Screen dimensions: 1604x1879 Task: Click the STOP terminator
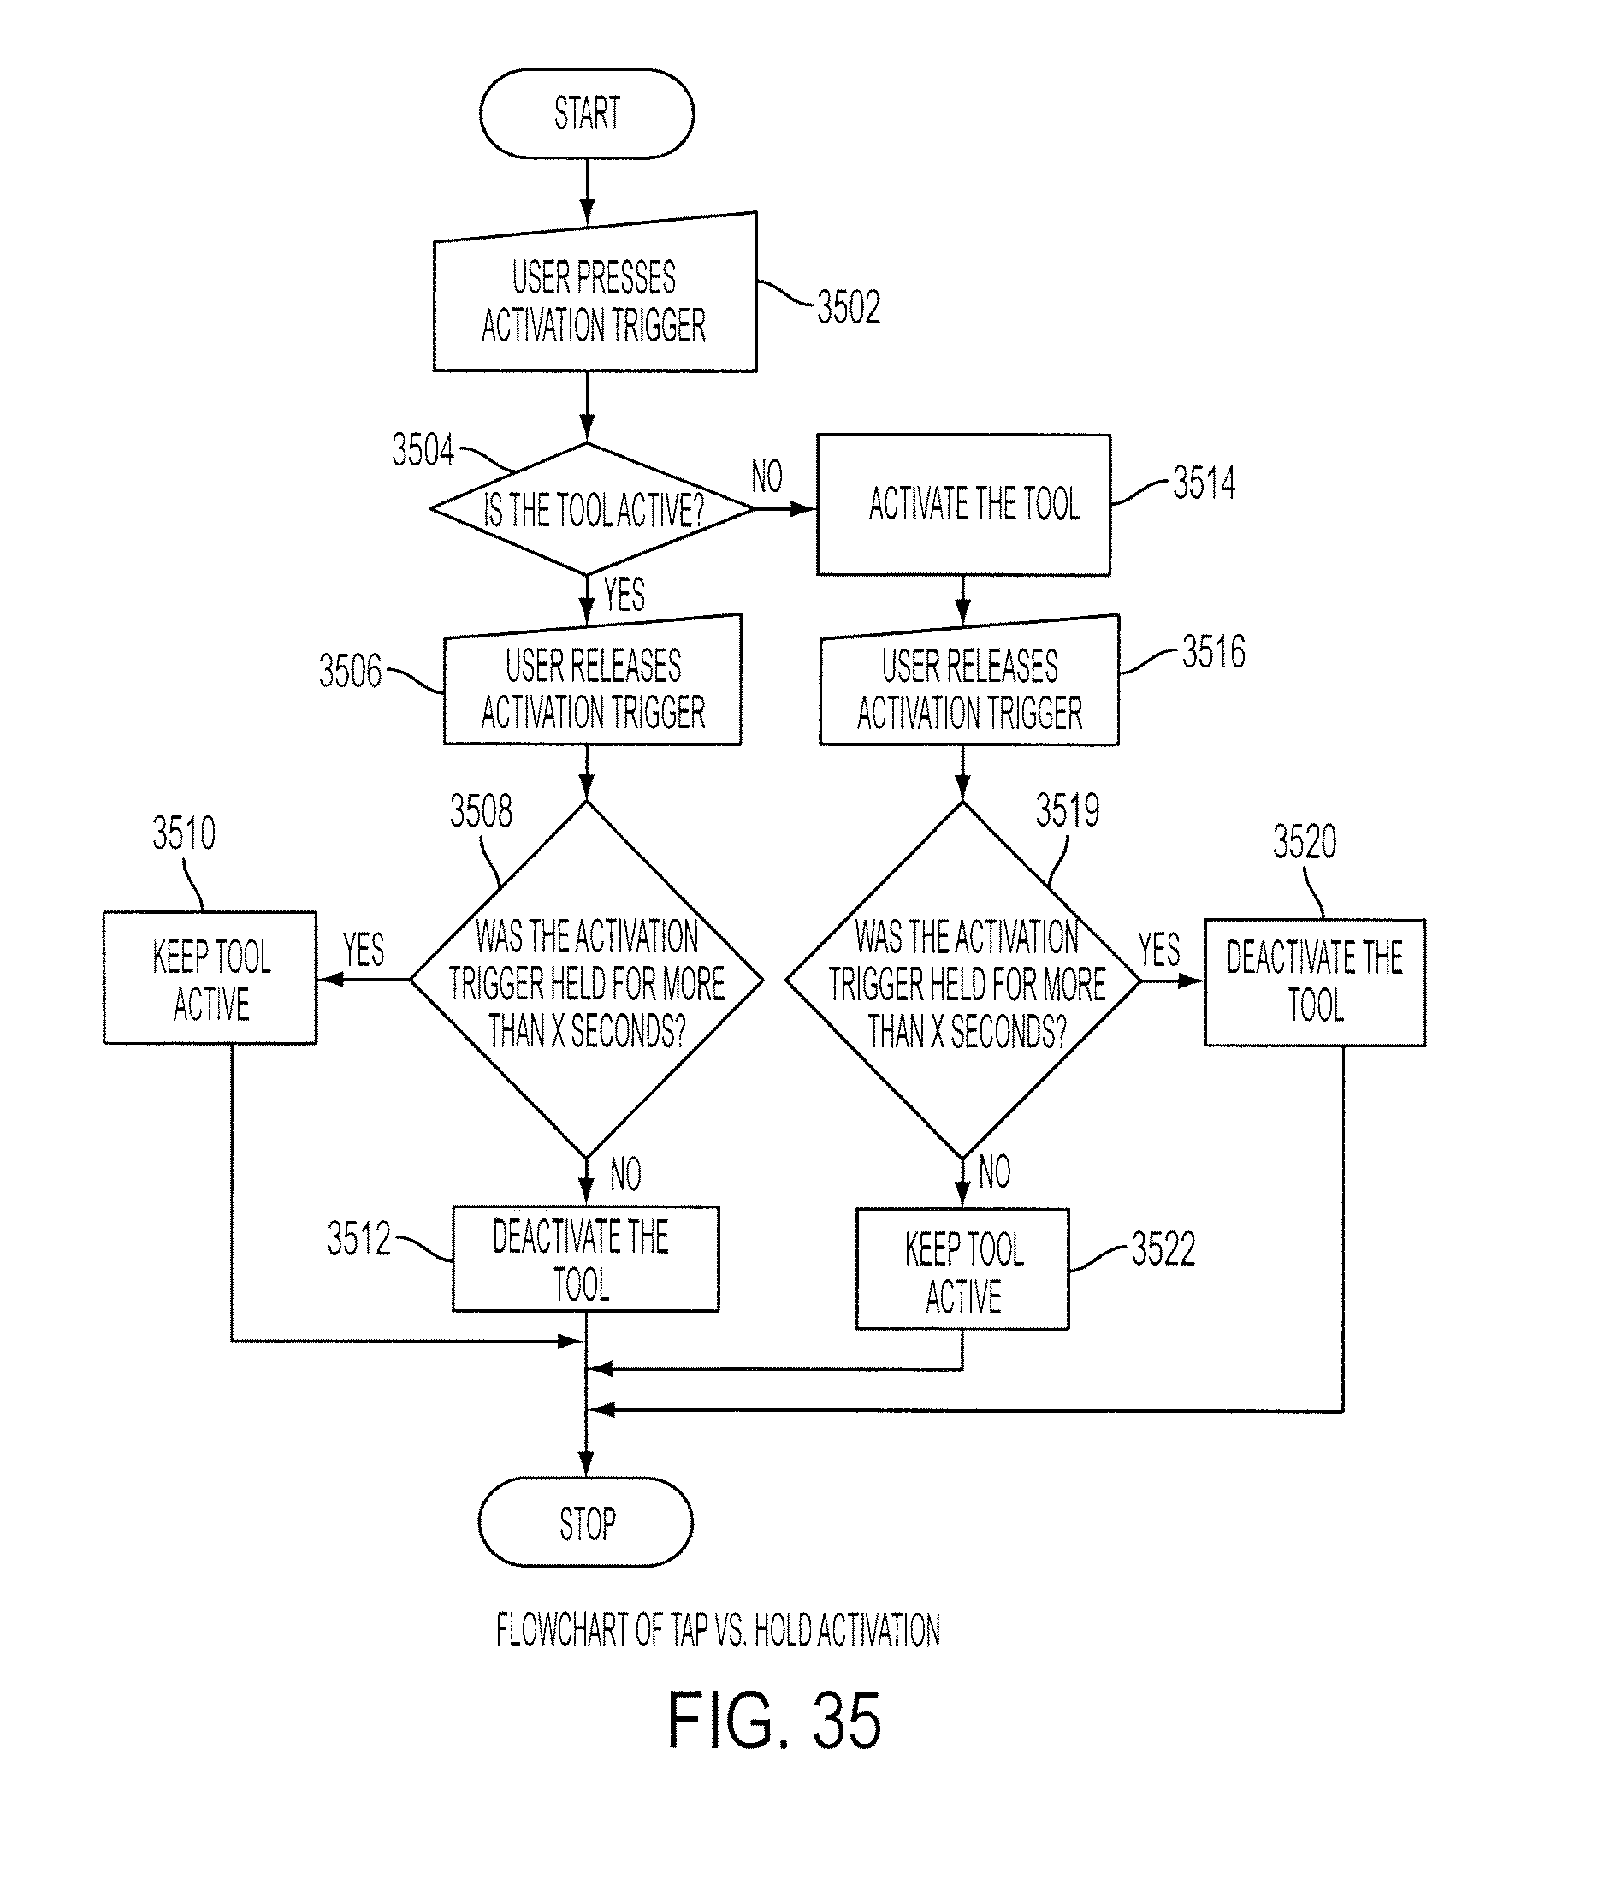coord(586,1524)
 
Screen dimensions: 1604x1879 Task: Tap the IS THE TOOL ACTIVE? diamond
coord(591,509)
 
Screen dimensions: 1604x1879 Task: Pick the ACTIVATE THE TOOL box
coord(964,505)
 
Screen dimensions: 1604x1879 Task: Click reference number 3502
coord(848,306)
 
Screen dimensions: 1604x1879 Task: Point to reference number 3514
coord(1204,483)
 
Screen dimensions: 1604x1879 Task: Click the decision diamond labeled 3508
coord(587,980)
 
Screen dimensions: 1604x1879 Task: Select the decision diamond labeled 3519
coord(963,980)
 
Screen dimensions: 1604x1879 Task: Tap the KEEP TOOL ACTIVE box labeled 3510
coord(210,978)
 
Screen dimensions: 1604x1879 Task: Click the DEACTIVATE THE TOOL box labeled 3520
coord(1315,983)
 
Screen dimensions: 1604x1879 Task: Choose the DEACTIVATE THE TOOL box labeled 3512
coord(586,1259)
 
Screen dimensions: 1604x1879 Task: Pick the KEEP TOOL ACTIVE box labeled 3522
coord(962,1269)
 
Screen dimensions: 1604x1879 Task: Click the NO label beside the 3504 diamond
coord(767,476)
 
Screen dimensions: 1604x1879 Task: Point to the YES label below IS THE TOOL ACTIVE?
coord(624,595)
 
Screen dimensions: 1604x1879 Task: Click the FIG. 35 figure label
coord(774,1721)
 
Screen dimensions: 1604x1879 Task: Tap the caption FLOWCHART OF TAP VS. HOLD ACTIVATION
coord(717,1630)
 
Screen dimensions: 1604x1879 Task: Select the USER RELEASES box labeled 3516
coord(969,681)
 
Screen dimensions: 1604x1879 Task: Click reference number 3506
coord(350,671)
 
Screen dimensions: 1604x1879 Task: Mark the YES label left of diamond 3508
coord(364,950)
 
